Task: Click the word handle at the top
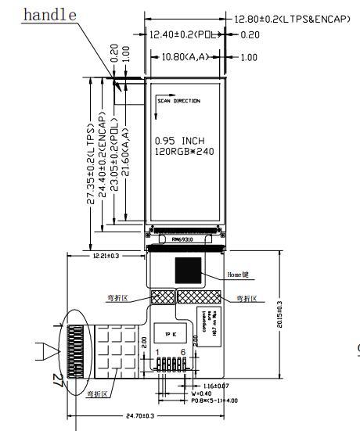click(51, 15)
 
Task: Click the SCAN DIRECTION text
click(178, 101)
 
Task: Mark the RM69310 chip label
click(185, 240)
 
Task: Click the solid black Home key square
click(188, 271)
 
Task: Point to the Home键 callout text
click(239, 275)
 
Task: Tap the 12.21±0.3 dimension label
click(106, 256)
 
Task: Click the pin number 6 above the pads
click(183, 353)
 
